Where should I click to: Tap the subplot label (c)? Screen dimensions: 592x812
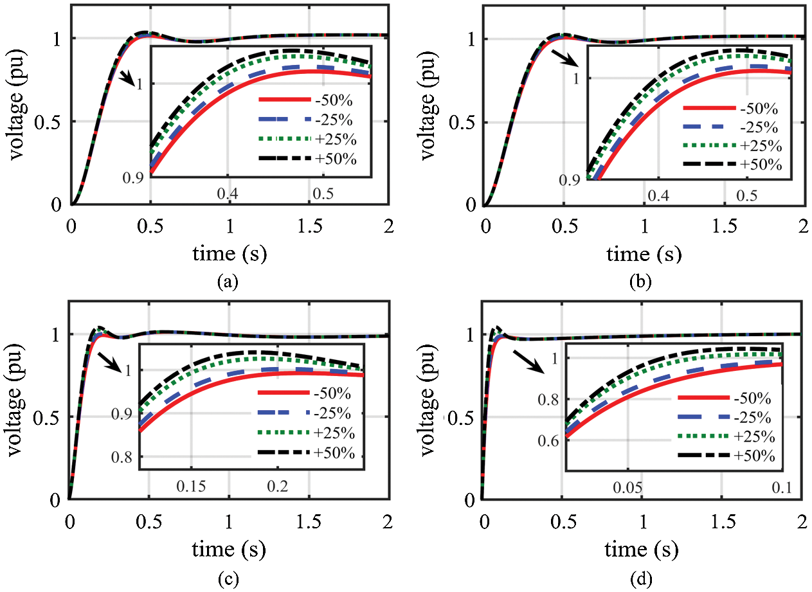(229, 579)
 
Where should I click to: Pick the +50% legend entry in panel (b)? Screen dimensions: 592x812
(761, 165)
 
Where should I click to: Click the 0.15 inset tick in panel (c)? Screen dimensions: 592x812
(191, 487)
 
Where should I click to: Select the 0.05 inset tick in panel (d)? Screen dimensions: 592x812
(627, 489)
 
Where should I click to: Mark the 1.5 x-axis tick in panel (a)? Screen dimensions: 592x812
(309, 220)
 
